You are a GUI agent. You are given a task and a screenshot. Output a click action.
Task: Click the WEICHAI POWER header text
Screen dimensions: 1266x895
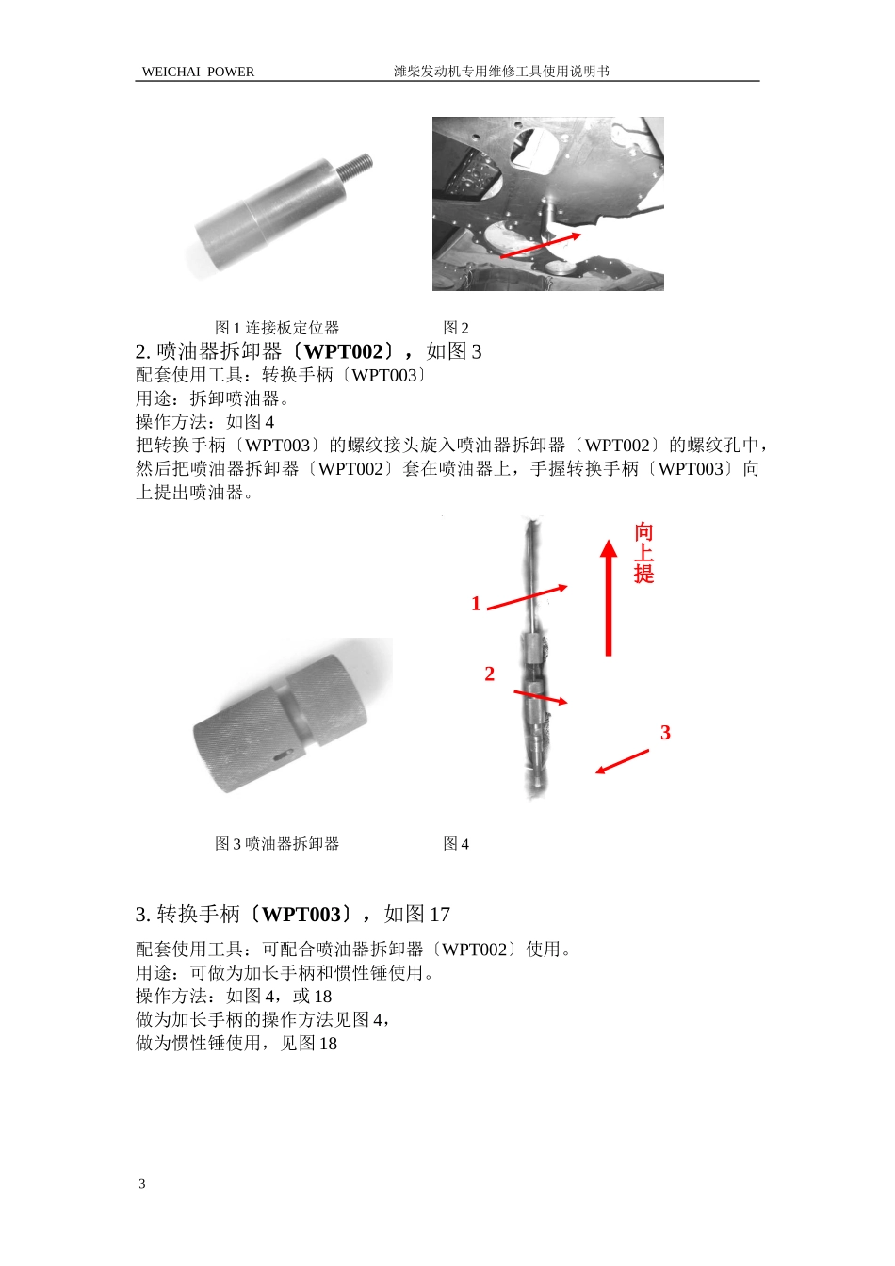pos(198,72)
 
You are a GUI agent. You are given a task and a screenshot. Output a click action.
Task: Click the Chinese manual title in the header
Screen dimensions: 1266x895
pos(501,72)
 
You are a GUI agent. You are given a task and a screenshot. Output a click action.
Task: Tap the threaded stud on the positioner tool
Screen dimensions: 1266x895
pos(356,169)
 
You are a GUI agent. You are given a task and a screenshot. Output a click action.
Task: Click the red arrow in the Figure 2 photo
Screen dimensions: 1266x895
pos(540,245)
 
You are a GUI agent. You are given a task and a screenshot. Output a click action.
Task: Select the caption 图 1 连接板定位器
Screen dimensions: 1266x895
pos(277,328)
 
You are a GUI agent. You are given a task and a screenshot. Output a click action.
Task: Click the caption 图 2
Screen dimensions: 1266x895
pos(456,328)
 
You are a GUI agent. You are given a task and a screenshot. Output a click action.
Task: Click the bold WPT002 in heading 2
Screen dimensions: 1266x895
pos(344,351)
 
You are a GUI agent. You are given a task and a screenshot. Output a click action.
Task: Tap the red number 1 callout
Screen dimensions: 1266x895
pos(476,604)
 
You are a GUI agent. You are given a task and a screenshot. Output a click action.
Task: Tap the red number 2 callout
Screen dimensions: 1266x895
pos(489,674)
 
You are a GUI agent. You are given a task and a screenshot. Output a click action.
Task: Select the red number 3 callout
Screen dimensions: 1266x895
pos(665,733)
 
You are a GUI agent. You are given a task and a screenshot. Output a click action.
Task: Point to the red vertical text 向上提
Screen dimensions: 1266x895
pos(643,553)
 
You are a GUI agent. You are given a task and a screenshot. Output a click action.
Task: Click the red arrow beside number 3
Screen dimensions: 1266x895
pos(622,762)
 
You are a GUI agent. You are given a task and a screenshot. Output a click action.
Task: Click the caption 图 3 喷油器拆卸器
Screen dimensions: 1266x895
pos(277,844)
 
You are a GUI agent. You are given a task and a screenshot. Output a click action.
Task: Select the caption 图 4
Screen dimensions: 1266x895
pos(456,844)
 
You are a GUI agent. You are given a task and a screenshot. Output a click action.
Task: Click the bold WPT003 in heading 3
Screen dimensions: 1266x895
pos(301,915)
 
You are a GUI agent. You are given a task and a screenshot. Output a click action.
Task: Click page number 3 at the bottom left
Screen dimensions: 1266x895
pos(142,1184)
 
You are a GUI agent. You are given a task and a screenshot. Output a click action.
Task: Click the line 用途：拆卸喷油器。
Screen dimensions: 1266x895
pos(213,398)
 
